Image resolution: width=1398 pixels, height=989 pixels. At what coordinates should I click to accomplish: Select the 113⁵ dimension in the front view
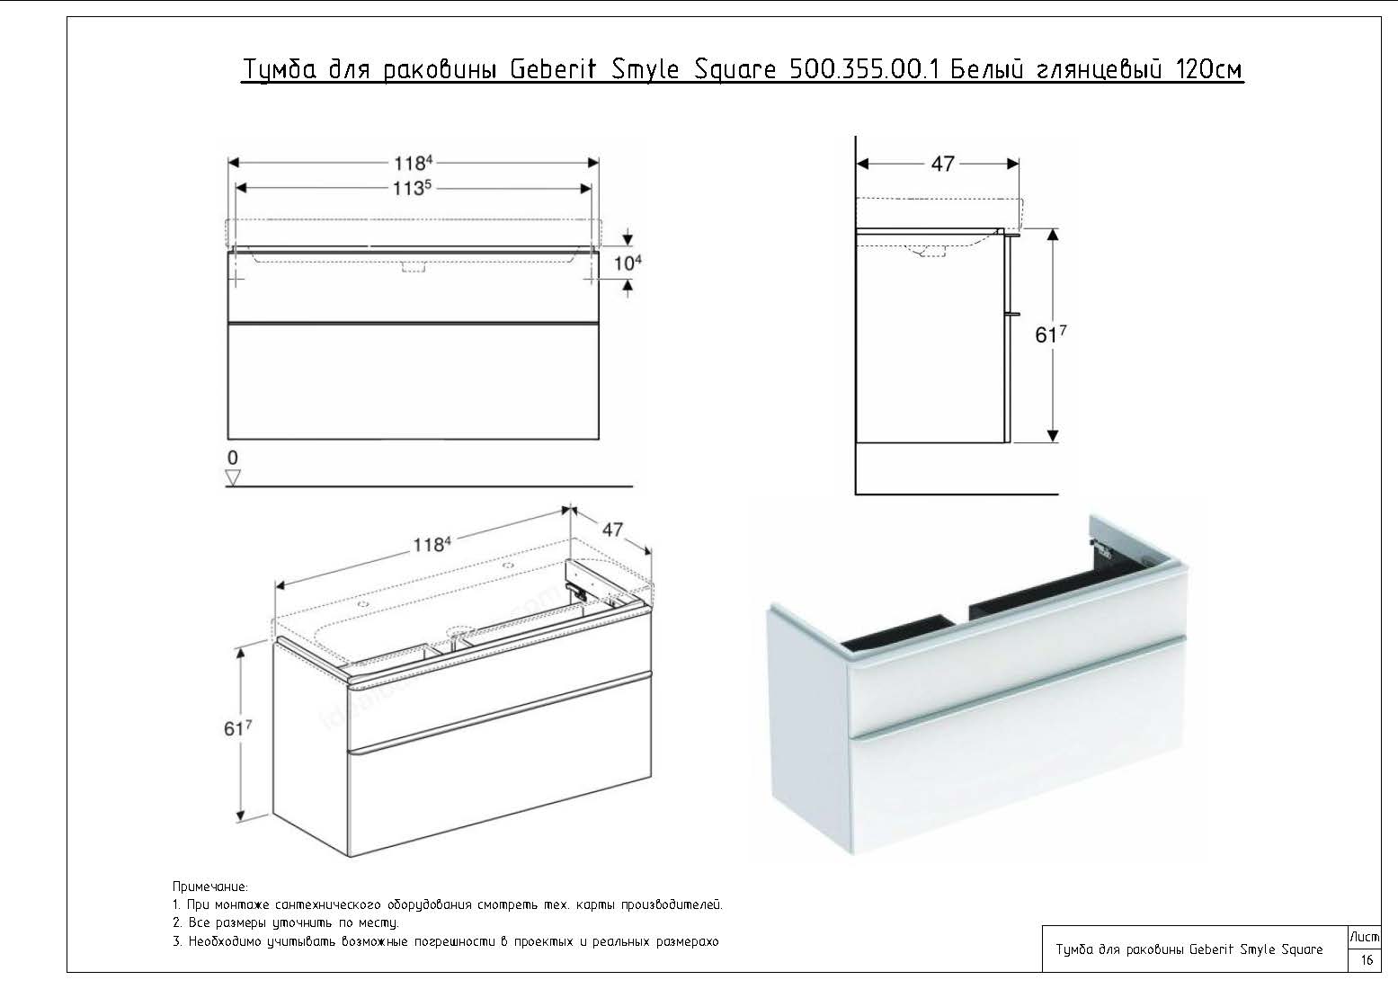[413, 188]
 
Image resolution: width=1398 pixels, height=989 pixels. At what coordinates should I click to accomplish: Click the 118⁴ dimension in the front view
[414, 163]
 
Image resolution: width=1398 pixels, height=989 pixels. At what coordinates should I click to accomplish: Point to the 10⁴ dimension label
[628, 263]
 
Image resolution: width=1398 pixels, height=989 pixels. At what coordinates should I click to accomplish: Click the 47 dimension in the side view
[942, 165]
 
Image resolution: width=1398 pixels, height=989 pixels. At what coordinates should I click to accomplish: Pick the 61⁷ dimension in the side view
[1050, 334]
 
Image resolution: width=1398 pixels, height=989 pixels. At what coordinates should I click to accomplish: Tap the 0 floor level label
[233, 458]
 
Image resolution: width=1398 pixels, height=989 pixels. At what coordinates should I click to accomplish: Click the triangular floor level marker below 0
[233, 478]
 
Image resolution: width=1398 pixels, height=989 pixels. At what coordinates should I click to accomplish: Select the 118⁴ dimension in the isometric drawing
[432, 544]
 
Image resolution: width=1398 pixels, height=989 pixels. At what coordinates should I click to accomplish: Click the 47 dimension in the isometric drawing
[612, 530]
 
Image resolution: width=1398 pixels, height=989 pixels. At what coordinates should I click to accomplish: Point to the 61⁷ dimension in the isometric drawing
[237, 727]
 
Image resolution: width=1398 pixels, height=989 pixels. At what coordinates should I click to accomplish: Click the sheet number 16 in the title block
[1367, 959]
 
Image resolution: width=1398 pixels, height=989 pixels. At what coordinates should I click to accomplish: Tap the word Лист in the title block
[1365, 937]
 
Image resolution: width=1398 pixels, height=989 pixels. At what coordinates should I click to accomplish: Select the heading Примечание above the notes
[209, 887]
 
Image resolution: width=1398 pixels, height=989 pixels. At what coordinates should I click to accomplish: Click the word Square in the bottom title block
[1302, 949]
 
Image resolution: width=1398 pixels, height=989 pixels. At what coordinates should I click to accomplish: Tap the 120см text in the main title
[1209, 70]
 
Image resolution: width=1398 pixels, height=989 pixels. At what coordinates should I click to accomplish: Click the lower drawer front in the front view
[414, 380]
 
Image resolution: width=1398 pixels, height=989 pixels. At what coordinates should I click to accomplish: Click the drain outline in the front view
[414, 266]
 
